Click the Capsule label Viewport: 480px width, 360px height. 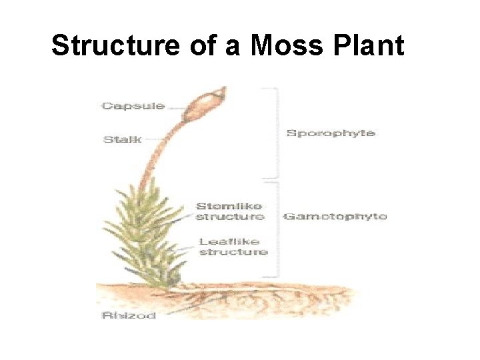point(133,106)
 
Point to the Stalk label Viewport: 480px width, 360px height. point(122,139)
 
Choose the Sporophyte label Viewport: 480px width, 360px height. point(331,133)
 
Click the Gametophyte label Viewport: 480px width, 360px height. point(335,217)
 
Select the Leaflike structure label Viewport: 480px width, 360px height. point(233,247)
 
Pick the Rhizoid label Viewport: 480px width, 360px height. point(129,315)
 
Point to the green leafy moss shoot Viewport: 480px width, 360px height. point(143,233)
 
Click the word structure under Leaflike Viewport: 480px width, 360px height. point(233,252)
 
